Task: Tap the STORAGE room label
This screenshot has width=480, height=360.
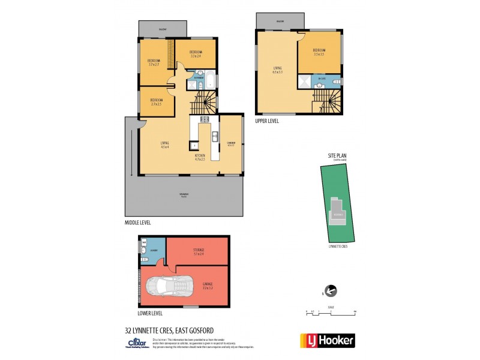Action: pos(199,251)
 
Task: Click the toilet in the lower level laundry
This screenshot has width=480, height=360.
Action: pos(144,250)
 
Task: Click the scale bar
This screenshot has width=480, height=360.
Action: pos(331,312)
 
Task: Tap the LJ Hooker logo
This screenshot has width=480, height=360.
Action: pos(327,340)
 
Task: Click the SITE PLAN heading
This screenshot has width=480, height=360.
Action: pos(337,155)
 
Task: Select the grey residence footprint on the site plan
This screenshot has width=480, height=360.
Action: pos(337,214)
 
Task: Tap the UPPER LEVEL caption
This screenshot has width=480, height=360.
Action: pos(268,121)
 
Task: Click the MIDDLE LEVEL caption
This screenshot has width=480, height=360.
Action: pos(137,222)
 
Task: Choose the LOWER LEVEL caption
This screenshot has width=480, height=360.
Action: pos(150,313)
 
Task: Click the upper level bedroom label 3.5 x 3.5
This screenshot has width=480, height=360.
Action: pos(319,52)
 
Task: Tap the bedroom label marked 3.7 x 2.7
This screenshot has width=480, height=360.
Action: pos(154,62)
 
